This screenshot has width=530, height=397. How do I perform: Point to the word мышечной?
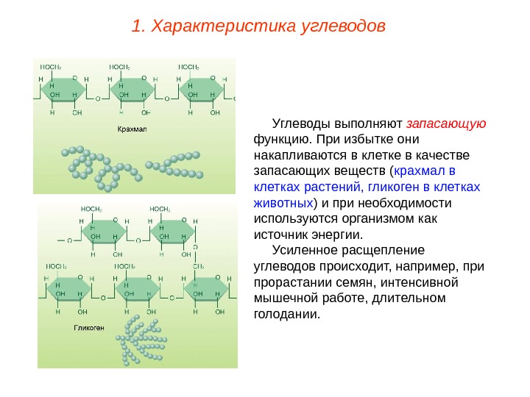click(284, 298)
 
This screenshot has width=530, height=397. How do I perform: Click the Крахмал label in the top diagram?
click(132, 129)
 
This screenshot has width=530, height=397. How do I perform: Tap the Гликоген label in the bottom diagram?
click(88, 326)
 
